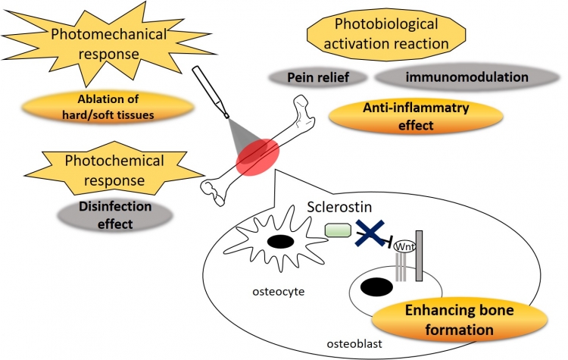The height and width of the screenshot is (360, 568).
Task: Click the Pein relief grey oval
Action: (317, 77)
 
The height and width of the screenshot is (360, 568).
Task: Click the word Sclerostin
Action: (340, 206)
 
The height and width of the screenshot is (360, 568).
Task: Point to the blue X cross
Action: (375, 233)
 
